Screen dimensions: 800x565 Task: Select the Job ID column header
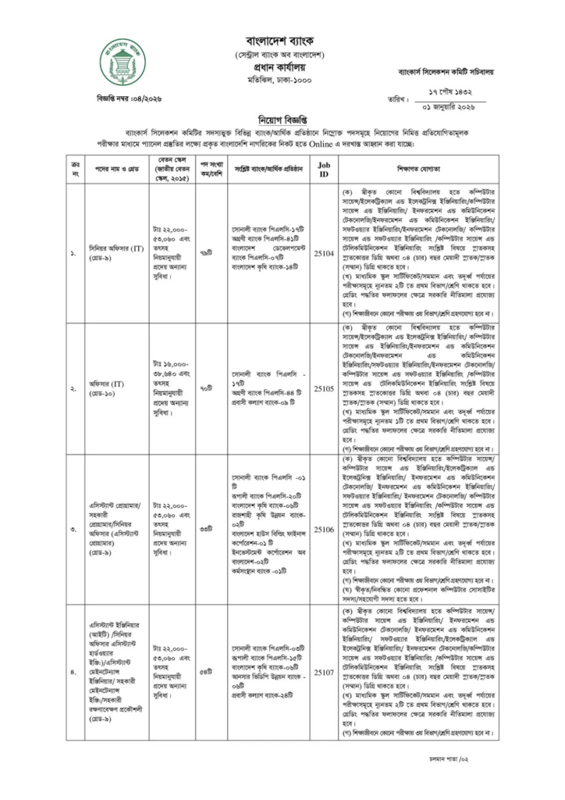pos(324,169)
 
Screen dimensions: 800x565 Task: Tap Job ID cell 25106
pos(324,529)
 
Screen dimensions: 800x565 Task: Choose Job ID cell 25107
pos(324,670)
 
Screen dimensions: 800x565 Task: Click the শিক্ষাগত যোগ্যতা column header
pos(418,169)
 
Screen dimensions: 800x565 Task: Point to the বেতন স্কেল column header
pos(170,169)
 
